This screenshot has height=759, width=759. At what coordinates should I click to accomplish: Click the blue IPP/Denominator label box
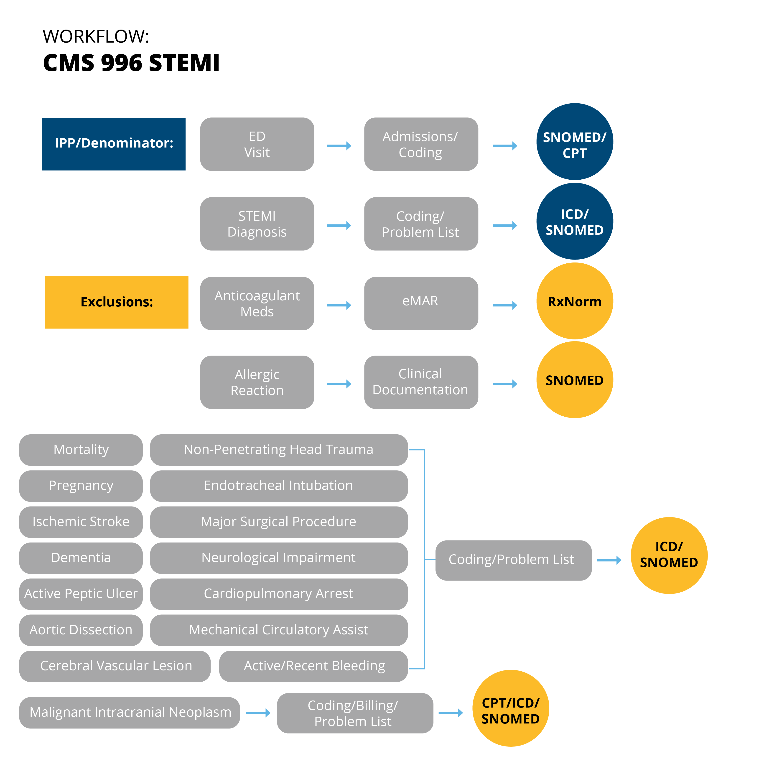114,144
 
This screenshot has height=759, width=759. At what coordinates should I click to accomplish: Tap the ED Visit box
257,144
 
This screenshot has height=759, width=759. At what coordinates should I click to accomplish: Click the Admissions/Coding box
421,144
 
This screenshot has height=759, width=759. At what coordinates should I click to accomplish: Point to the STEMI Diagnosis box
257,224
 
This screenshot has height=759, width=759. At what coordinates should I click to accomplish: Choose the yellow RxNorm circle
575,301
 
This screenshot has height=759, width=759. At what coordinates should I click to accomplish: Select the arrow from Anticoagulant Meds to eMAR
339,305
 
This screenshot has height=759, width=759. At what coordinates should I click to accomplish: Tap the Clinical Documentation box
421,382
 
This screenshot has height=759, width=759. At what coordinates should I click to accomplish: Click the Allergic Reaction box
257,382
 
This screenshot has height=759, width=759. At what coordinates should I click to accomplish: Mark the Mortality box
81,450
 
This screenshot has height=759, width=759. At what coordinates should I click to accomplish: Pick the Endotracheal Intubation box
279,486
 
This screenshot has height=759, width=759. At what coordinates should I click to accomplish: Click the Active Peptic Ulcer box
81,594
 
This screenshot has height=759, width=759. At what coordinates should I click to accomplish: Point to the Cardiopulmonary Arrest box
279,594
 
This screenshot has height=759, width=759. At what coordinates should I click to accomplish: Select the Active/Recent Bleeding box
313,666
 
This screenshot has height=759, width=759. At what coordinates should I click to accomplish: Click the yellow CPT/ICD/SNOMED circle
511,708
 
